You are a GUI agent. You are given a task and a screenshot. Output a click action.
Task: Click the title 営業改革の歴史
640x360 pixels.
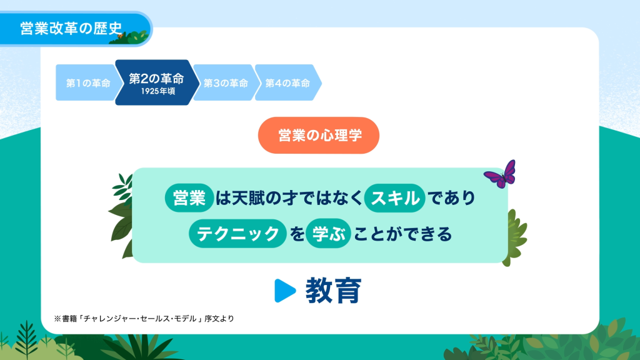(x=71, y=28)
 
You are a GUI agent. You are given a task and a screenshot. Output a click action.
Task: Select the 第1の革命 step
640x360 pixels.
(x=87, y=83)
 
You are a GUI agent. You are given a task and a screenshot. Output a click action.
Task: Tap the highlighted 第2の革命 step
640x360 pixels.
(x=157, y=82)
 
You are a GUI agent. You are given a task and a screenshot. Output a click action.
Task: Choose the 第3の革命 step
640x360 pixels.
(x=226, y=83)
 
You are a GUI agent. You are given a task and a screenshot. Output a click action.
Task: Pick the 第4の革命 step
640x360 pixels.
(x=287, y=83)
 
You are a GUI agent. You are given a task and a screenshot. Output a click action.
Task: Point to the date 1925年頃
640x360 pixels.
(x=158, y=91)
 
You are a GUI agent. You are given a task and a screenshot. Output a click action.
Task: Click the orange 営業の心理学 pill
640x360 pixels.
(x=319, y=136)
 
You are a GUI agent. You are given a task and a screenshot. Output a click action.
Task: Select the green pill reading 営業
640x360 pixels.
(x=189, y=198)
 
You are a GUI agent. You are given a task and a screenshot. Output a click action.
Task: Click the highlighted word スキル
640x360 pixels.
(x=395, y=198)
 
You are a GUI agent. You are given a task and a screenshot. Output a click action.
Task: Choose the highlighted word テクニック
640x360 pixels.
(x=237, y=234)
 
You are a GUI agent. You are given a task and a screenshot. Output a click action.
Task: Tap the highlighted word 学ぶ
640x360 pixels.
(x=328, y=234)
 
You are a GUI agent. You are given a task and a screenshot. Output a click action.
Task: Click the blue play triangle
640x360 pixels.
(x=285, y=291)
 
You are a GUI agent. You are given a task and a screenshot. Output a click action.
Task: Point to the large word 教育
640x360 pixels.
(x=334, y=291)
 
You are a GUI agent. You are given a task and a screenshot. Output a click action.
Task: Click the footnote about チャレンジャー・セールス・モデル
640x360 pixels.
(x=144, y=319)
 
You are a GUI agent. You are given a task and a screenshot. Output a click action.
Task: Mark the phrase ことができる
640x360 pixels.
(x=403, y=234)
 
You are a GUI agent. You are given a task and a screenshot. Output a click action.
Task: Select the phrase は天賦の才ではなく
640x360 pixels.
(x=289, y=198)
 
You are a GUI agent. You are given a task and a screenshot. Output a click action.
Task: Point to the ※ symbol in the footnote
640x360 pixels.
(x=57, y=319)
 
